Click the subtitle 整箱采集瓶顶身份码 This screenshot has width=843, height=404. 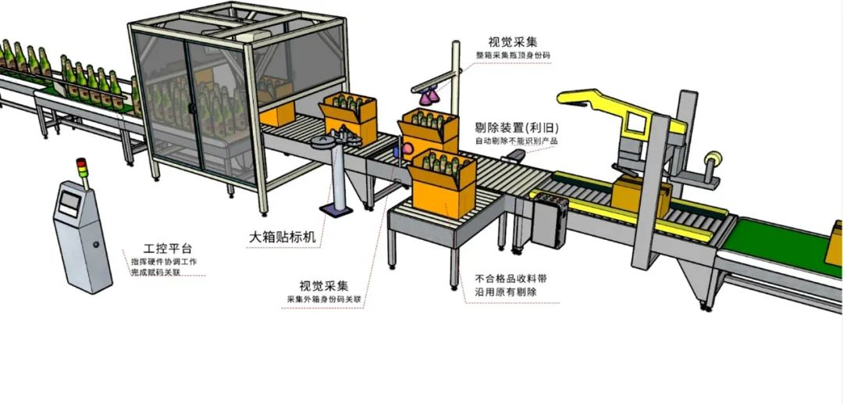tap(513, 56)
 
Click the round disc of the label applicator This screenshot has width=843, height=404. tap(329, 141)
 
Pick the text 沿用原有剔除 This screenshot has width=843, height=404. tap(505, 292)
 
